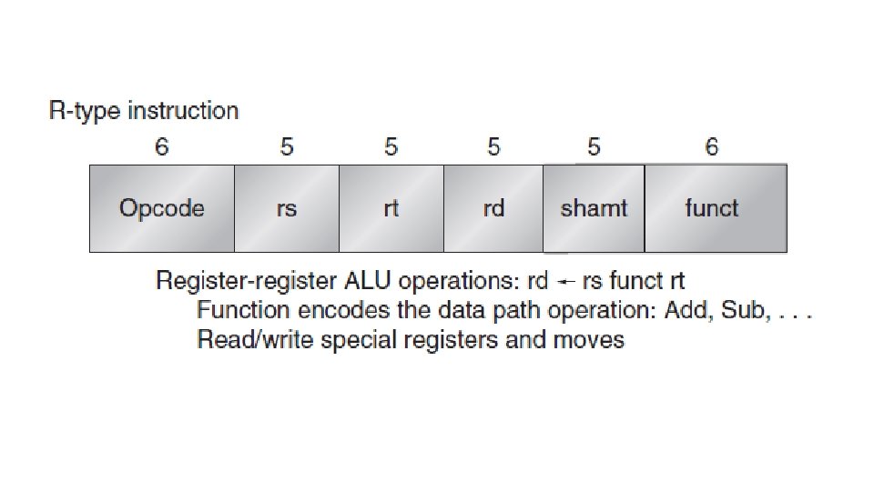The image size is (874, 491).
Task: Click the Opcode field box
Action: pyautogui.click(x=161, y=208)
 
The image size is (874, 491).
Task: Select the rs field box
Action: pyautogui.click(x=287, y=208)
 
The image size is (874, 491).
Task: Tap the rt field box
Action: pyautogui.click(x=391, y=208)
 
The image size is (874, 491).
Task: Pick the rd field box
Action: pyautogui.click(x=493, y=208)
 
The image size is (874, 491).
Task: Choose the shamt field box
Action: pyautogui.click(x=594, y=208)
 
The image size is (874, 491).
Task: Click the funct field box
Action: pyautogui.click(x=716, y=208)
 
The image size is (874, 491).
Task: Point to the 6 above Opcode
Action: pyautogui.click(x=162, y=146)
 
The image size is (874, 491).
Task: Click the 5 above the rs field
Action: pyautogui.click(x=287, y=146)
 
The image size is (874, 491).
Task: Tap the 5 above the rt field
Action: pyautogui.click(x=391, y=146)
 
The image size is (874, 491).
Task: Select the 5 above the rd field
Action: pyautogui.click(x=493, y=146)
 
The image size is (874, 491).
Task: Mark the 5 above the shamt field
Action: pyautogui.click(x=594, y=146)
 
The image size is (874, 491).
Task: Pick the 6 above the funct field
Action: pyautogui.click(x=712, y=146)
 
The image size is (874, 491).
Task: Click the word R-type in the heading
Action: pyautogui.click(x=85, y=112)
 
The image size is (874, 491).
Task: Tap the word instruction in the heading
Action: pyautogui.click(x=183, y=112)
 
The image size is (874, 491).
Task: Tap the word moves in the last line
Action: pyautogui.click(x=589, y=340)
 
